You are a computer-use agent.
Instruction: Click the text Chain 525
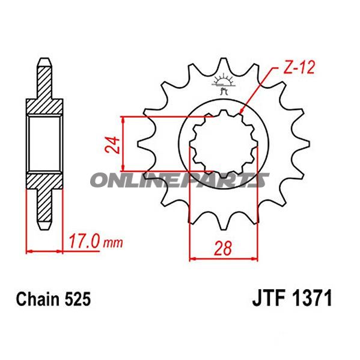[53, 299]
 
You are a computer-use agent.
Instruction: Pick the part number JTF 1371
[290, 299]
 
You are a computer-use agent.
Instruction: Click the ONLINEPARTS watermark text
[180, 180]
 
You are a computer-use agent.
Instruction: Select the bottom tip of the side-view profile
[45, 227]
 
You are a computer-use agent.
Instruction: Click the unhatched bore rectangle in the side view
[45, 144]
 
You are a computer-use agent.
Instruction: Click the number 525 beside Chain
[79, 299]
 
